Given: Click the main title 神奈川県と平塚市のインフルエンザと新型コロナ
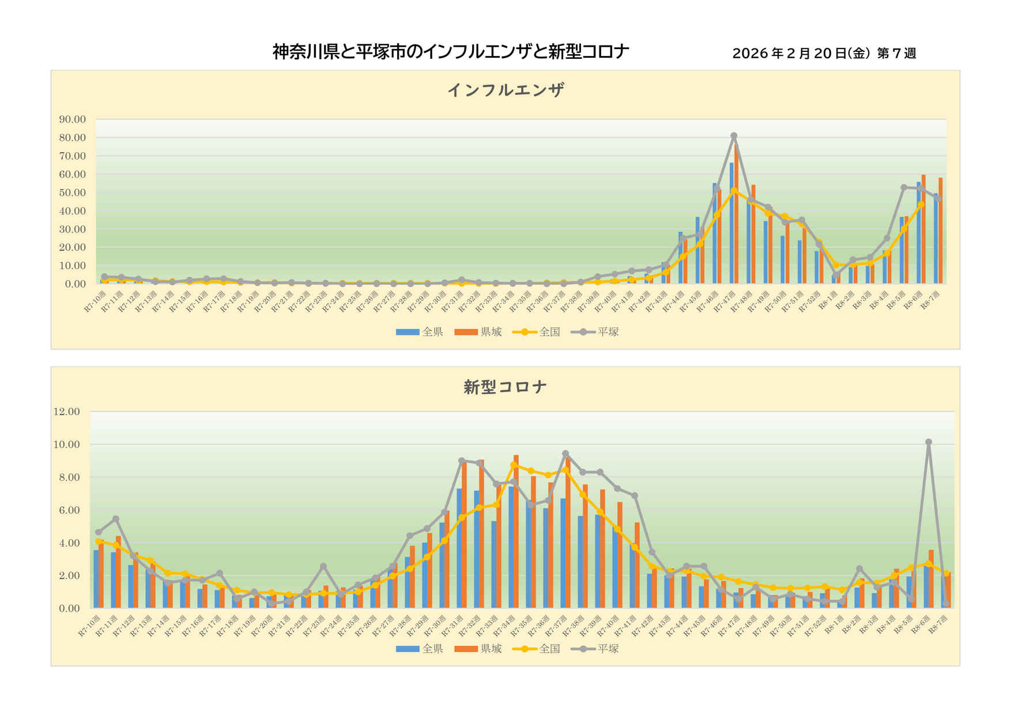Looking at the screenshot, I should [x=450, y=52].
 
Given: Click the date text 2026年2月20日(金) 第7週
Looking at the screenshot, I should [x=824, y=54].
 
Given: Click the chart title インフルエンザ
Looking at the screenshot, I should [x=505, y=90].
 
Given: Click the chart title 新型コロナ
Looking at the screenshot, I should [x=505, y=386].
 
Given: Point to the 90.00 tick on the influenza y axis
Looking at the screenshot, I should [x=72, y=119].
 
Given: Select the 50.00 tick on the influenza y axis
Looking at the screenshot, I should [x=72, y=193].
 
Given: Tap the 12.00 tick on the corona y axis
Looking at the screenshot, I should [x=66, y=412].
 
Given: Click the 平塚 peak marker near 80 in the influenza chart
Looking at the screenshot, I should [x=734, y=136].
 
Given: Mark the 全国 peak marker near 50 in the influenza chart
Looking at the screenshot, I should [x=734, y=190].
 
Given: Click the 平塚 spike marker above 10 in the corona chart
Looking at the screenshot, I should [x=929, y=442].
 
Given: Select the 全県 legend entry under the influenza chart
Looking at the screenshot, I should [x=420, y=332].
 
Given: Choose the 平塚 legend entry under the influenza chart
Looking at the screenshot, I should [x=595, y=332].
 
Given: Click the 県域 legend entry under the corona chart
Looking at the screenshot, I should [x=478, y=649].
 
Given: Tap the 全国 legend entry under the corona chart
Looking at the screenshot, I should [x=537, y=649].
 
